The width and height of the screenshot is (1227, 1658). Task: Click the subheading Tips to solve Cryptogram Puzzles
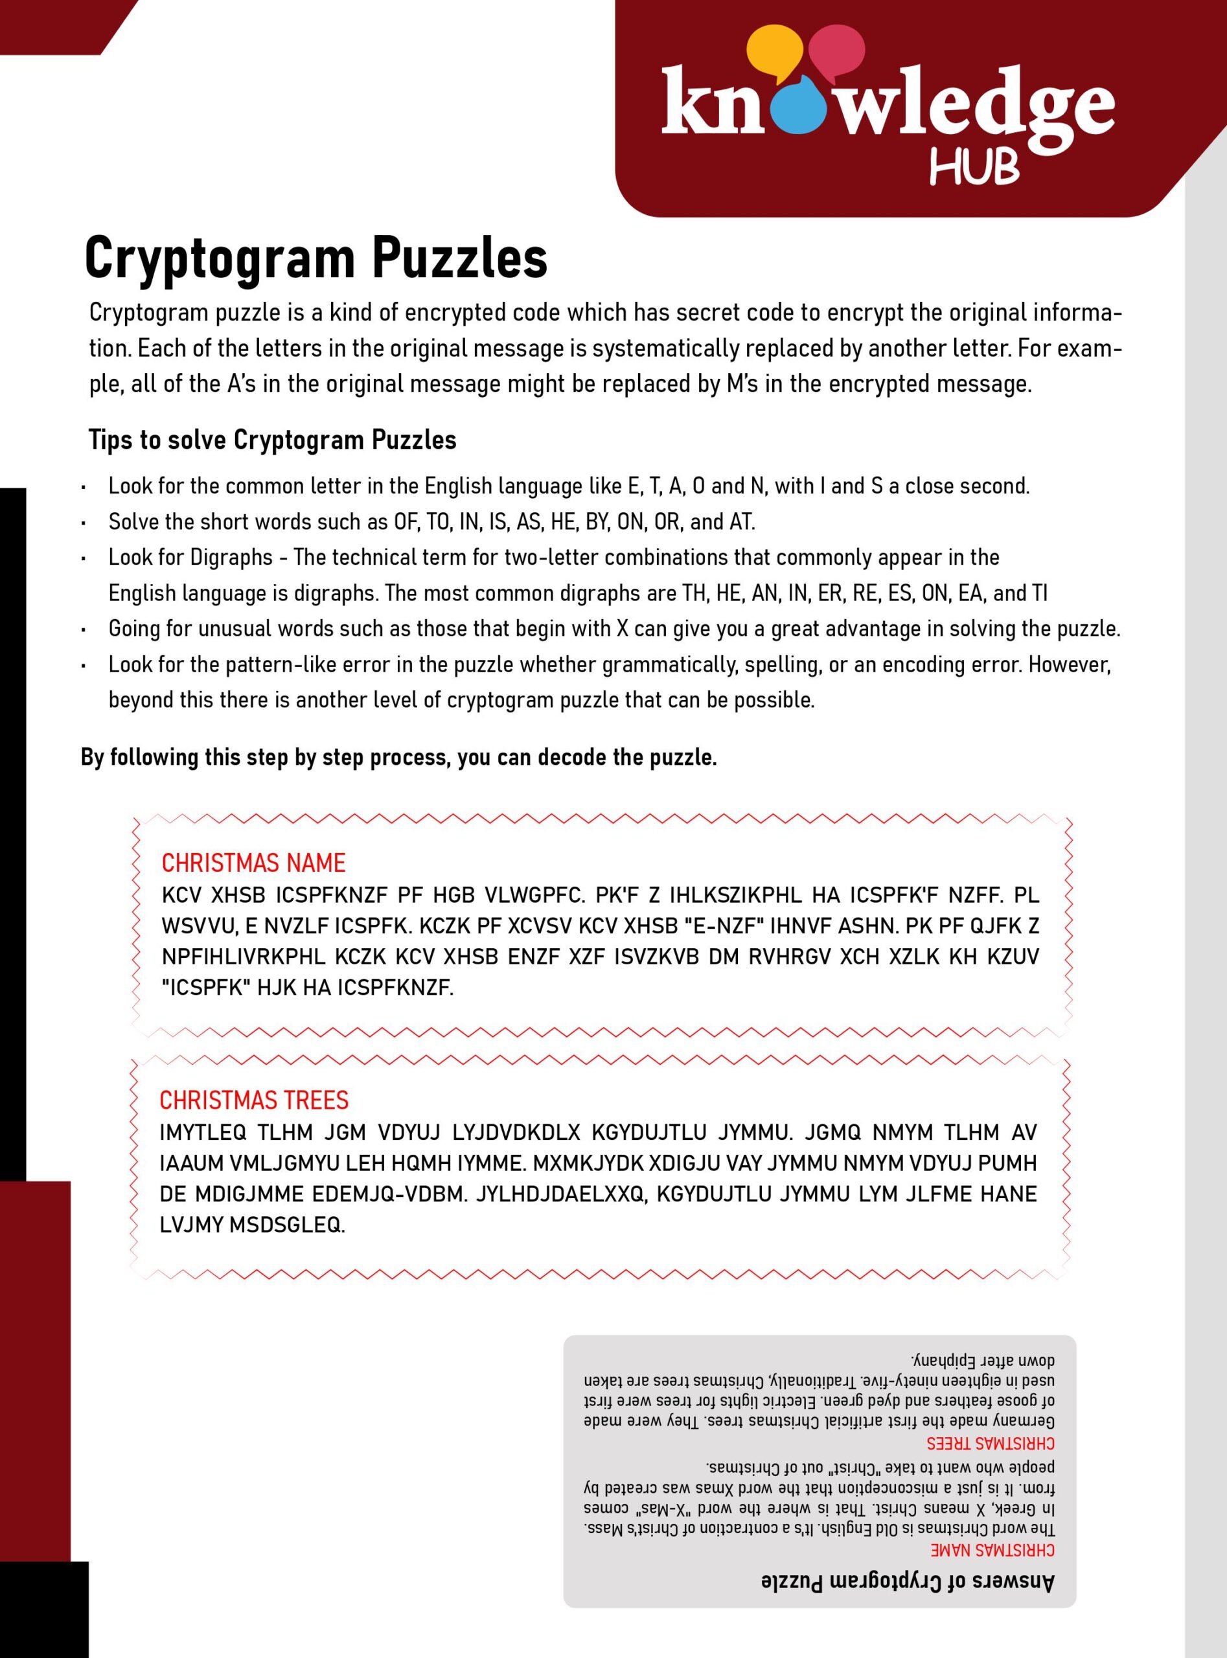tap(272, 440)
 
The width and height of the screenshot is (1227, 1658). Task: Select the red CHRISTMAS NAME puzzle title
tap(253, 863)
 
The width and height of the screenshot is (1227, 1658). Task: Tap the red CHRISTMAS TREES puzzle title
tap(254, 1100)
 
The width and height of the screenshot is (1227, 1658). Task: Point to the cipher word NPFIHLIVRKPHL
tap(242, 957)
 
